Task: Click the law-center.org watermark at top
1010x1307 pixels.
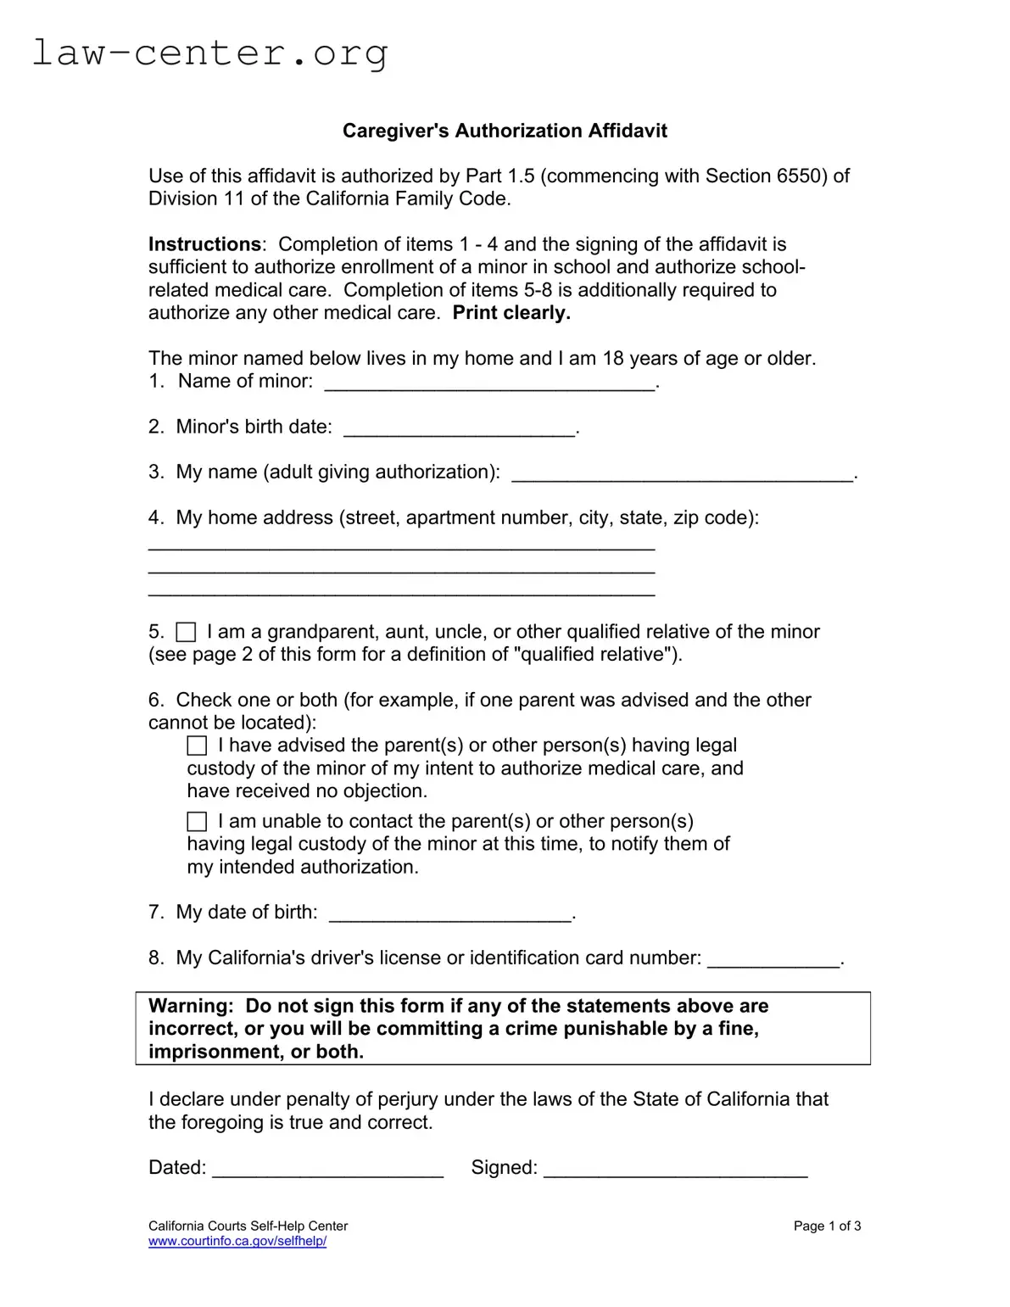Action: pyautogui.click(x=209, y=53)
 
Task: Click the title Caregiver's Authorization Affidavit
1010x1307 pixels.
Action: pyautogui.click(x=505, y=131)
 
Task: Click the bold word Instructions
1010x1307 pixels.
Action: pyautogui.click(x=204, y=244)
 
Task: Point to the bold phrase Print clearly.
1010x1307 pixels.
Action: pyautogui.click(x=511, y=313)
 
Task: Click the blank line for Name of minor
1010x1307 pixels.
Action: pyautogui.click(x=489, y=383)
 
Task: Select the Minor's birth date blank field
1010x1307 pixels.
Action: pyautogui.click(x=459, y=428)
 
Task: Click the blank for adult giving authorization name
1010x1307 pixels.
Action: pyautogui.click(x=682, y=474)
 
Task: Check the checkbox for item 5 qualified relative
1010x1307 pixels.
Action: pyautogui.click(x=186, y=632)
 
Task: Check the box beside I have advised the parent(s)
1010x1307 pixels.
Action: pyautogui.click(x=197, y=746)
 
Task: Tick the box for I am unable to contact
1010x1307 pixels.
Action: pyautogui.click(x=197, y=821)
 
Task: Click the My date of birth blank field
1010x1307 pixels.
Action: pyautogui.click(x=449, y=914)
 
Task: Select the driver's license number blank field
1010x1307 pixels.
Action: pyautogui.click(x=773, y=960)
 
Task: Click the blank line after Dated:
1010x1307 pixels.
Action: pyautogui.click(x=327, y=1170)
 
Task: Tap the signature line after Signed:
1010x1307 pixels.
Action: pyautogui.click(x=675, y=1170)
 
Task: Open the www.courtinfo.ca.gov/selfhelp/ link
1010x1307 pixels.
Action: pyautogui.click(x=237, y=1241)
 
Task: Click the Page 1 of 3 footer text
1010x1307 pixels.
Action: pyautogui.click(x=827, y=1226)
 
